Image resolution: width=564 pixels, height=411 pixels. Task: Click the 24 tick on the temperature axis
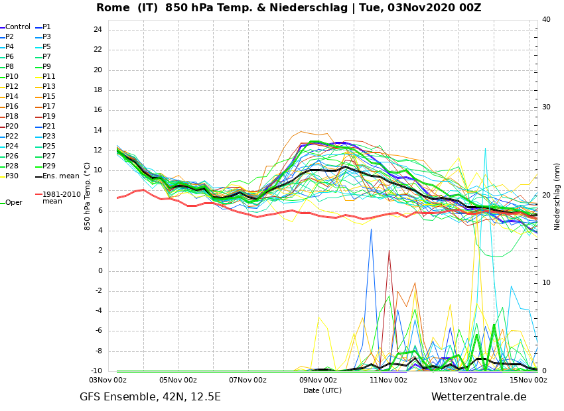click(98, 29)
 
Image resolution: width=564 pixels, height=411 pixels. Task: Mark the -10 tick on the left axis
click(96, 371)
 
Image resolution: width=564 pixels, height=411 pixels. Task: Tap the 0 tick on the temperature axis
click(100, 270)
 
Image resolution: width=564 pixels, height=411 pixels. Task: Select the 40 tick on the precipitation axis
click(546, 19)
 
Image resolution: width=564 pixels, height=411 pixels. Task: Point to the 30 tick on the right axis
click(546, 107)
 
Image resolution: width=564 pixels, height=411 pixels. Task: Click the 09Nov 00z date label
click(318, 380)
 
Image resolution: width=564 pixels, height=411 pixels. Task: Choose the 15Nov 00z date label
click(529, 380)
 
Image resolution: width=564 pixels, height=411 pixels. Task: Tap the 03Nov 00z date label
click(109, 380)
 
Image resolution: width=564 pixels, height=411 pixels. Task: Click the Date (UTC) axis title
click(322, 390)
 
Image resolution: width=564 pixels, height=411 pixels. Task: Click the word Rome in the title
click(113, 7)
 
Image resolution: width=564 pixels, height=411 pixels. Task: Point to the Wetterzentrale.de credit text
click(479, 397)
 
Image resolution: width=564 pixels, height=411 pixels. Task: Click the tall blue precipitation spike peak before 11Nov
click(371, 229)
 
